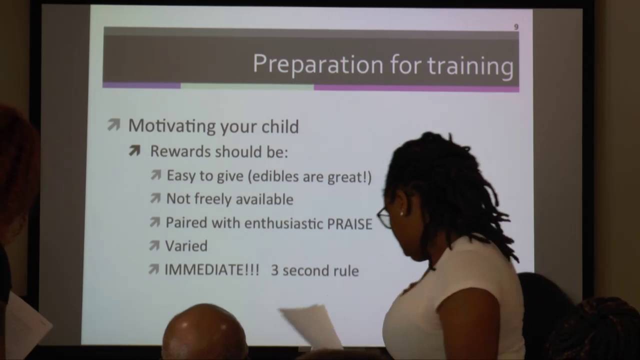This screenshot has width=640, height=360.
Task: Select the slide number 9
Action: (516, 27)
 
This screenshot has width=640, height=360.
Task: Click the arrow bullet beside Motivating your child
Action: (114, 125)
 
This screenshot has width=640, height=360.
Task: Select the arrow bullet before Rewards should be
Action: (134, 150)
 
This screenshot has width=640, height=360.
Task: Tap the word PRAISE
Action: (349, 223)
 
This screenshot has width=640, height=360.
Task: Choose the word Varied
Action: (186, 246)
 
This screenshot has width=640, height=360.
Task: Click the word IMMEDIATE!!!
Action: (212, 270)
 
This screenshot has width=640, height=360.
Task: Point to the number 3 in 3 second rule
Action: (274, 270)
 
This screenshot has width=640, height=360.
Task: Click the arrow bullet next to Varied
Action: (154, 245)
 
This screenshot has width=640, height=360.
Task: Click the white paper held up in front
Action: (310, 324)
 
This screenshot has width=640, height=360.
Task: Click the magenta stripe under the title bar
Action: (416, 88)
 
